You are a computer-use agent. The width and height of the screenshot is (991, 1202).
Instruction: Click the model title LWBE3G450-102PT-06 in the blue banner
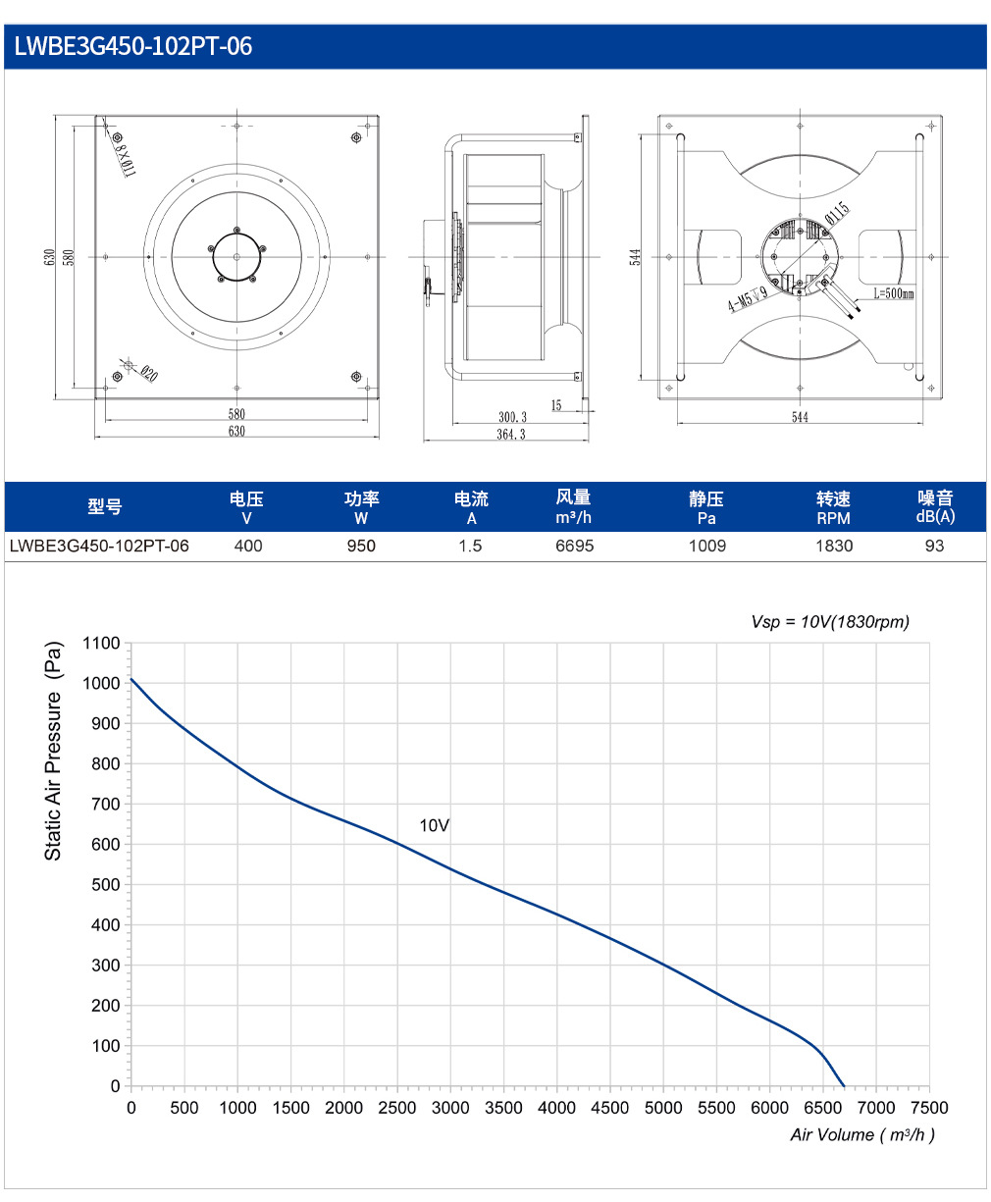coord(133,46)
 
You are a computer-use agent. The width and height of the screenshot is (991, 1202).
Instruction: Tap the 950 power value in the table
coord(361,546)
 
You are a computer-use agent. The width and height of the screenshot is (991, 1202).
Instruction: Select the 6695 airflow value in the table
coord(574,546)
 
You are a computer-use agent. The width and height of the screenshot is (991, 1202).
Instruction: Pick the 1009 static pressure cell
coord(707,546)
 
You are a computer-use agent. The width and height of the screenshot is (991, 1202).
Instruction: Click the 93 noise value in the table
coord(934,546)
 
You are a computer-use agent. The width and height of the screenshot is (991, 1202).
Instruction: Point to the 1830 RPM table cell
coord(834,546)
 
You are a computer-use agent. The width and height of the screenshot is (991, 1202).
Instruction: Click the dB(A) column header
coord(935,516)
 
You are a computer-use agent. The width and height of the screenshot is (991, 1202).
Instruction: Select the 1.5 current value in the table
coord(470,546)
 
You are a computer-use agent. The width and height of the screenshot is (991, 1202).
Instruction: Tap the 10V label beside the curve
coord(434,825)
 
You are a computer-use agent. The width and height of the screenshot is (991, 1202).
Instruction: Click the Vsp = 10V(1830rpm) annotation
coord(830,622)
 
